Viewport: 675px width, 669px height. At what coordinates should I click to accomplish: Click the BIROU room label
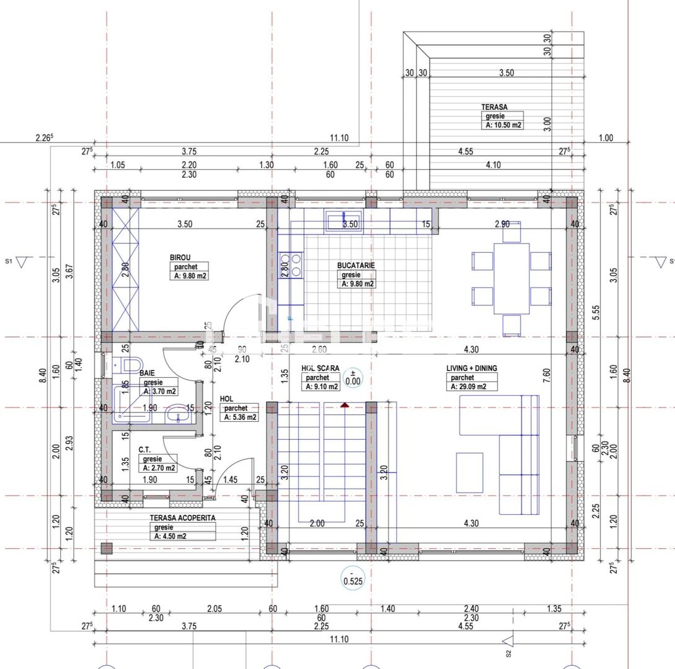180,257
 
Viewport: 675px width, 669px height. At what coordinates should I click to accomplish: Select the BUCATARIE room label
356,265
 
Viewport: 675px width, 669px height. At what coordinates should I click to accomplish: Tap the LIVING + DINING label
471,368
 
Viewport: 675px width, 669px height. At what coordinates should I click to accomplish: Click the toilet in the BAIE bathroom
131,364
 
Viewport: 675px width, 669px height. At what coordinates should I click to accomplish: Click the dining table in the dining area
511,278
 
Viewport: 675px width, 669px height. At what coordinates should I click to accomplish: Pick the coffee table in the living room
469,473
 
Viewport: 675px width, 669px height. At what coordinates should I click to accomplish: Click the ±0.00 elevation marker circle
353,377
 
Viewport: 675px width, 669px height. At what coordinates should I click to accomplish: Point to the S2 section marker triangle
508,641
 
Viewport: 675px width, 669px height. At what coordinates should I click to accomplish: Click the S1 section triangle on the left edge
23,263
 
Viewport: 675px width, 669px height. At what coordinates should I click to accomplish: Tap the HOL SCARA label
321,368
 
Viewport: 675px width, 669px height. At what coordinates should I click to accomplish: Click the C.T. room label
146,449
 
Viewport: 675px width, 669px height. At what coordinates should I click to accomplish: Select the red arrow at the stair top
345,405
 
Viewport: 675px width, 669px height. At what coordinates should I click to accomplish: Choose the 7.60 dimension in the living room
546,376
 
